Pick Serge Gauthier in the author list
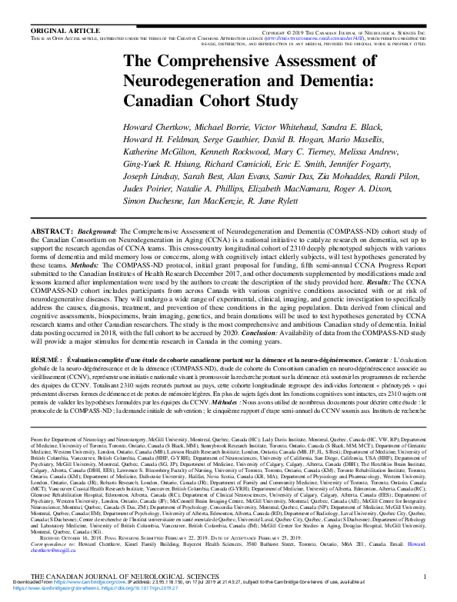click(x=233, y=139)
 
